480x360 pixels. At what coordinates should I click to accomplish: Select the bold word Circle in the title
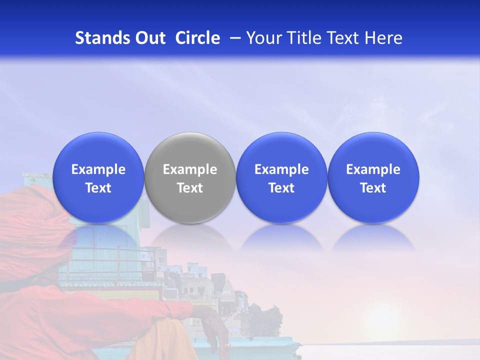coord(197,38)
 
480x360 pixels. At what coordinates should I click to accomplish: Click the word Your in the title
coord(262,38)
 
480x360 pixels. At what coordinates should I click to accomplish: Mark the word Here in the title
coord(383,38)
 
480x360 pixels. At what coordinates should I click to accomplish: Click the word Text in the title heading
coord(342,38)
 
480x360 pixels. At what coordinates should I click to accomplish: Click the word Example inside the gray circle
coord(190,169)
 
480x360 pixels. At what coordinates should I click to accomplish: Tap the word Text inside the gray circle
coord(190,188)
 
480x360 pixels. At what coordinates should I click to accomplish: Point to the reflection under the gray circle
coord(190,237)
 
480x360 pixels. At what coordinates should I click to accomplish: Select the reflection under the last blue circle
coord(373,237)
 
